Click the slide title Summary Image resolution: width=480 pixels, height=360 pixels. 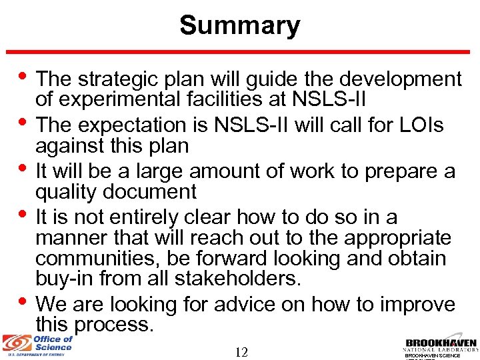239,26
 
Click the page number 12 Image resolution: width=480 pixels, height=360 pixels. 241,352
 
